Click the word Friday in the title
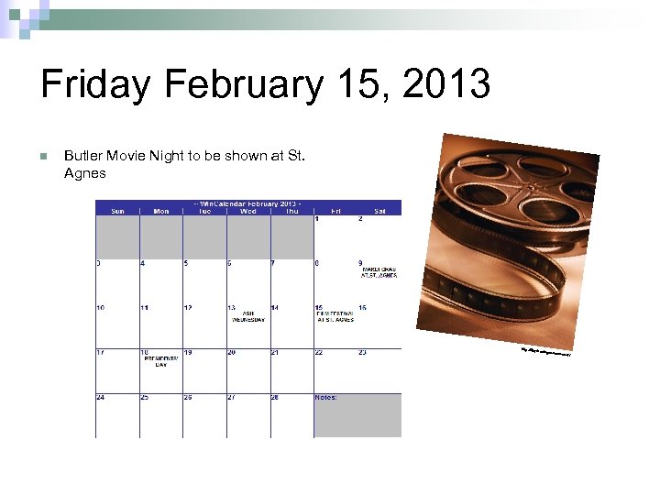[93, 86]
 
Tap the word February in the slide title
[242, 86]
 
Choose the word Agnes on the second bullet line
[85, 172]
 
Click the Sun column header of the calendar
[117, 211]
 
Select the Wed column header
[247, 211]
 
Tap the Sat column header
[379, 211]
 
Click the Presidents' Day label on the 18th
[160, 361]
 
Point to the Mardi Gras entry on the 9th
[379, 272]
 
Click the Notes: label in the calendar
[325, 397]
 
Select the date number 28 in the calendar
[275, 397]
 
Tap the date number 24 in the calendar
[101, 397]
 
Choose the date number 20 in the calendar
[232, 352]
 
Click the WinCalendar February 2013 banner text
[248, 203]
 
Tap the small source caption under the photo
[545, 352]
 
